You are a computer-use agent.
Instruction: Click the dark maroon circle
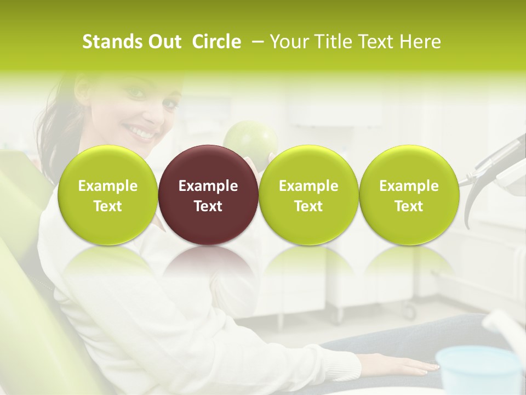coord(208,195)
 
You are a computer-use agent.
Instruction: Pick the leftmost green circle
coord(108,195)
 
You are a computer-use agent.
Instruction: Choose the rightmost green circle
coord(409,195)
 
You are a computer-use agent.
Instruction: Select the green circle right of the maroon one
coord(308,195)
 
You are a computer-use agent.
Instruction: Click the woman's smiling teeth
coord(140,132)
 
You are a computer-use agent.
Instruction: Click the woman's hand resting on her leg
coord(408,364)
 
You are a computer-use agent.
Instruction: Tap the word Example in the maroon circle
coord(208,186)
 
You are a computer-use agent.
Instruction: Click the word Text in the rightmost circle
coord(409,206)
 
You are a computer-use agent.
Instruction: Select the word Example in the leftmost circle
coord(108,186)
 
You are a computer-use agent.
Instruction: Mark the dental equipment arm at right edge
coord(496,165)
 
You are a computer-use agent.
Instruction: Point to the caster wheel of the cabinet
coord(409,312)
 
